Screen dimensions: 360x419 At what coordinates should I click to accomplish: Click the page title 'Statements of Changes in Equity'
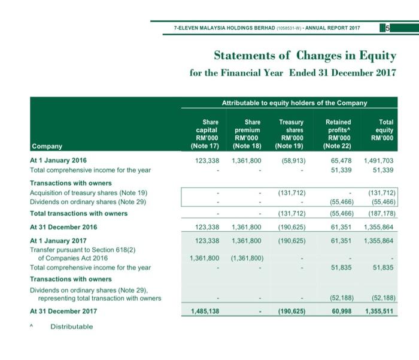point(305,56)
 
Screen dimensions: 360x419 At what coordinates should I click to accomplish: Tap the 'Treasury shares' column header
point(292,132)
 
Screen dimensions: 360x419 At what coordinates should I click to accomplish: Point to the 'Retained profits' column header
point(337,132)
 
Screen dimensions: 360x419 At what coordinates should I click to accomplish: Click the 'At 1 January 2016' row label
point(58,161)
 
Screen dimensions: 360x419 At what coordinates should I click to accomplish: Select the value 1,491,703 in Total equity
point(378,161)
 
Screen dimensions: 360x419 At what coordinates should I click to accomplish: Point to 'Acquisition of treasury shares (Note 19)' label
point(89,192)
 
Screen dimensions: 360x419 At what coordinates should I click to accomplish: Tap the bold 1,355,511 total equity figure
point(378,311)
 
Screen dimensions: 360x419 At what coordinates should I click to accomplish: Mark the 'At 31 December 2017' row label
point(62,311)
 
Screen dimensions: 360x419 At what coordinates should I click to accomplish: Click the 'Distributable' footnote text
point(72,326)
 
